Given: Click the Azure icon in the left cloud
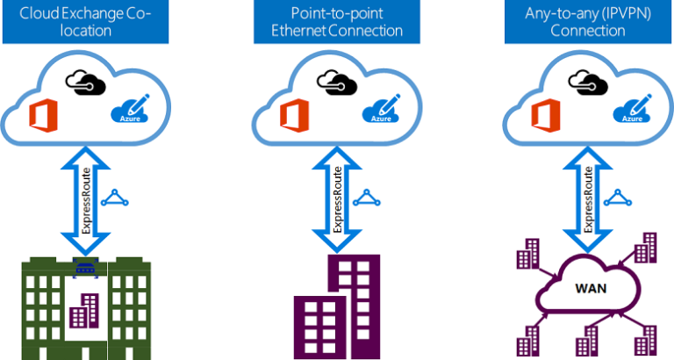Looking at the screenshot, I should pyautogui.click(x=126, y=110).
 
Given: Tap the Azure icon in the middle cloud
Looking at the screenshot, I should pyautogui.click(x=380, y=111).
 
